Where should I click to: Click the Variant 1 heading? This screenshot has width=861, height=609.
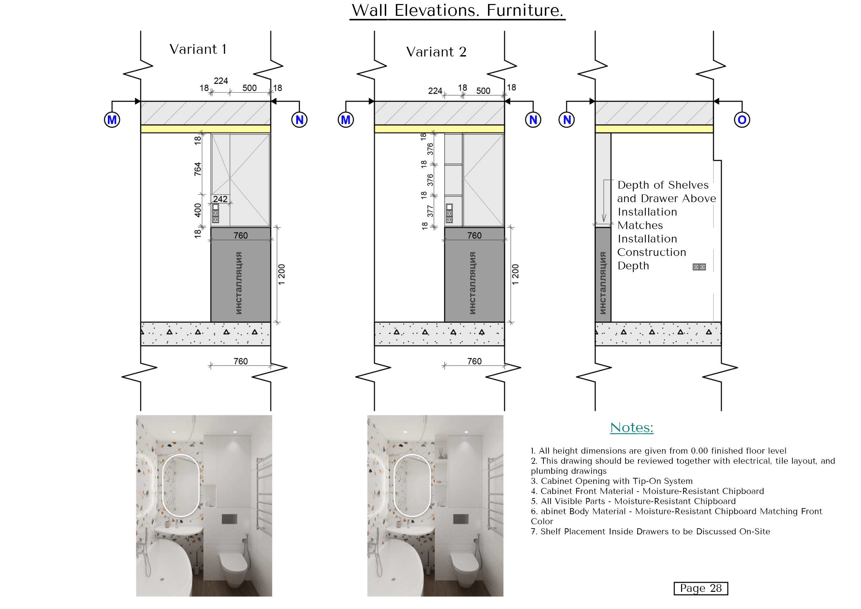(x=198, y=49)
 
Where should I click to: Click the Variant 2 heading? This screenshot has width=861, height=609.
(x=436, y=52)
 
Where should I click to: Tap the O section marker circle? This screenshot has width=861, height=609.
(x=741, y=120)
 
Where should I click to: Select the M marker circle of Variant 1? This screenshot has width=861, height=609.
(x=112, y=120)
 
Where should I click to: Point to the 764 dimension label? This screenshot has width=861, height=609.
(x=198, y=169)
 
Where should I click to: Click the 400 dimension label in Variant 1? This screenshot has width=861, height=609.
(x=198, y=211)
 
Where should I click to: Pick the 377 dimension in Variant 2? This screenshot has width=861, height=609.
(x=430, y=211)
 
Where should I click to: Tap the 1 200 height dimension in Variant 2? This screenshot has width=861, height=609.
(x=515, y=274)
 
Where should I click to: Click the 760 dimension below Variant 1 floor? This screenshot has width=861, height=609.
(x=240, y=361)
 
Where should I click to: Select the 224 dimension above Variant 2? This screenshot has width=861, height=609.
(x=435, y=91)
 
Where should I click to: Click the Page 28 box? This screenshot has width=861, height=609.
(x=701, y=588)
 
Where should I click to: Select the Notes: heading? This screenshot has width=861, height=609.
(x=632, y=427)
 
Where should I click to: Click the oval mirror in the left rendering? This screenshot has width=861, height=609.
(x=181, y=486)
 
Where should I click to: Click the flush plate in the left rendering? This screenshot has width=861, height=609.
(x=229, y=519)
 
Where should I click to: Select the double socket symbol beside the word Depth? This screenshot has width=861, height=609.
(x=699, y=267)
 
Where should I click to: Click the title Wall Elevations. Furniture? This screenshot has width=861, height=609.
(x=457, y=10)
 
